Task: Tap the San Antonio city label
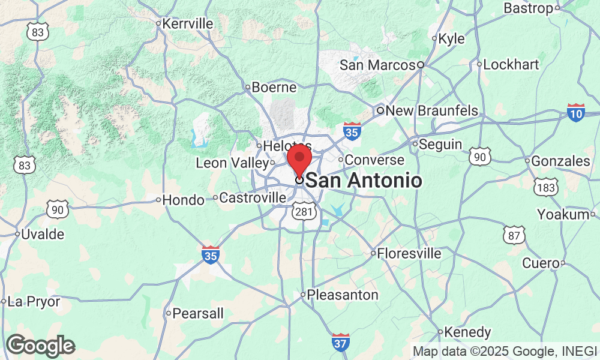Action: pos(363,180)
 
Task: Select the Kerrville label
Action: pos(188,24)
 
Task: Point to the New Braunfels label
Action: pos(431,111)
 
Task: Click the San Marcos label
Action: pos(377,65)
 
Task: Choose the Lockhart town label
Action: pos(511,64)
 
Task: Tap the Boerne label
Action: pos(274,88)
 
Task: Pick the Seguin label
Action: pos(440,145)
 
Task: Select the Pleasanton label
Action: pos(343,295)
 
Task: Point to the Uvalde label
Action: pos(43,235)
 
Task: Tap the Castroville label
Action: pos(253,197)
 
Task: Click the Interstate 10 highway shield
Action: pos(576,112)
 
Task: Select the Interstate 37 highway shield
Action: pos(341,343)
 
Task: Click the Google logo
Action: pos(40,346)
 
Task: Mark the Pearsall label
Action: pos(198,313)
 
